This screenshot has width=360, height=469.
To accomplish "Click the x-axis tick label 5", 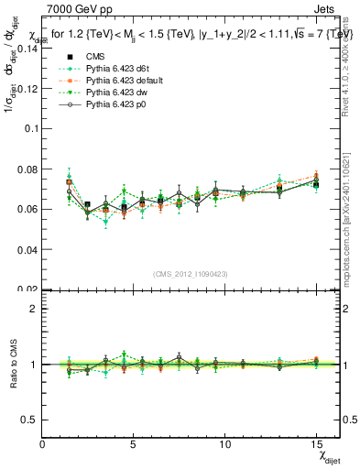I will click(134, 443).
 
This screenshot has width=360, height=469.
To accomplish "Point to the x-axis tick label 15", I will click(316, 443).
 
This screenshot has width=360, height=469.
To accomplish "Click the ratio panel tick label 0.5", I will click(30, 420).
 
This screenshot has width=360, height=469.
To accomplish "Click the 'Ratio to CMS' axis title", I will click(12, 365).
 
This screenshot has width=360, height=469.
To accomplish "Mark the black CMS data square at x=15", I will click(316, 184).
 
